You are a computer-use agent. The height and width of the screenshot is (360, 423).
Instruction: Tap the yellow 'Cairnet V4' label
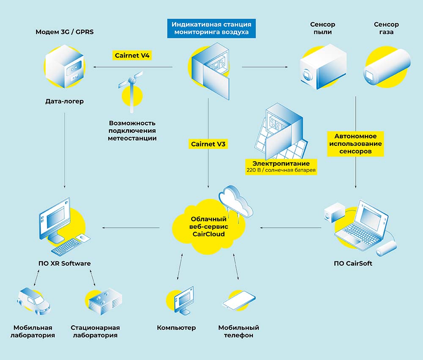132,55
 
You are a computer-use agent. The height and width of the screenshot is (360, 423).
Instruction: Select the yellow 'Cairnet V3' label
209,144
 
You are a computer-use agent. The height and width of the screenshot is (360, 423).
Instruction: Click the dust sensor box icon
322,66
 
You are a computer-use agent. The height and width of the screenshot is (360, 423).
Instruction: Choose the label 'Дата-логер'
64,102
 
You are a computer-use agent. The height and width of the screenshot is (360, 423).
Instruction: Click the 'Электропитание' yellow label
281,163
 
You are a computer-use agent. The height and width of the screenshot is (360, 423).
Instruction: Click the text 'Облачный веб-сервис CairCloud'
208,227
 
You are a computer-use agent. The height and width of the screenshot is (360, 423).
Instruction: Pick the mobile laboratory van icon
34,301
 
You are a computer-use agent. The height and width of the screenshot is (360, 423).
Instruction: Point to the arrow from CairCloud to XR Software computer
131,228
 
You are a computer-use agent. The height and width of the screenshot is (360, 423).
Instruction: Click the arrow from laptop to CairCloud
291,228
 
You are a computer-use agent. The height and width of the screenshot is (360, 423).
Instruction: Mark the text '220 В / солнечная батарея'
281,170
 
